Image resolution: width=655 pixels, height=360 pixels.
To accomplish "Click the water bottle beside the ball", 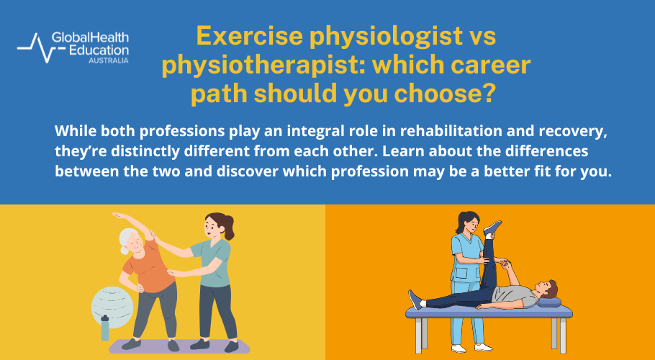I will click(x=104, y=328).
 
